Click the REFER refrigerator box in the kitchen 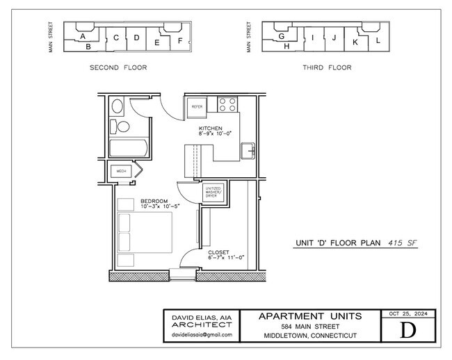(197, 107)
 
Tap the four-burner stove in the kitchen (227, 104)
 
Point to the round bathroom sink (118, 107)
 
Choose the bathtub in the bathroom (129, 149)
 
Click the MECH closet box (121, 171)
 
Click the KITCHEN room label (210, 129)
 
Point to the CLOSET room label (218, 252)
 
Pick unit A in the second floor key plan (83, 35)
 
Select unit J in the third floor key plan (334, 38)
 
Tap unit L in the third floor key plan (378, 40)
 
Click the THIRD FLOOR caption (326, 67)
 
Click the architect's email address (202, 335)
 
